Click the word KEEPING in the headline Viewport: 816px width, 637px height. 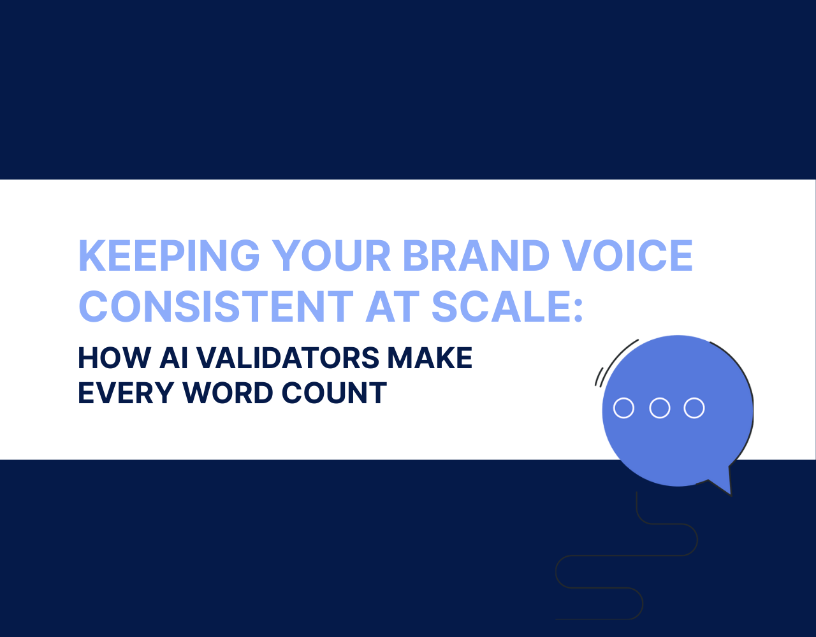169,255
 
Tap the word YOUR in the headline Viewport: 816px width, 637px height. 331,255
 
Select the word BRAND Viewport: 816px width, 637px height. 476,255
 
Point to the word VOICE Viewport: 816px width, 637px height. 628,255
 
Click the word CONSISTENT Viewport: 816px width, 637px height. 216,306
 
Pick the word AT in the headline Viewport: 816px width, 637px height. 393,306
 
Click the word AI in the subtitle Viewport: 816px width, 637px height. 173,358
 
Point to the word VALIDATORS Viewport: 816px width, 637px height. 288,358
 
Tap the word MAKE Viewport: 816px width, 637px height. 430,358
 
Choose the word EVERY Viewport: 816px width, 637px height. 126,393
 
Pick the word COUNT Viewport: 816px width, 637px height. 334,393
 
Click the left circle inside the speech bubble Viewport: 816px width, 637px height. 623,408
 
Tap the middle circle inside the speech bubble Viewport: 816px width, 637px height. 660,408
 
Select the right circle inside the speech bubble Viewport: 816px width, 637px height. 694,408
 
